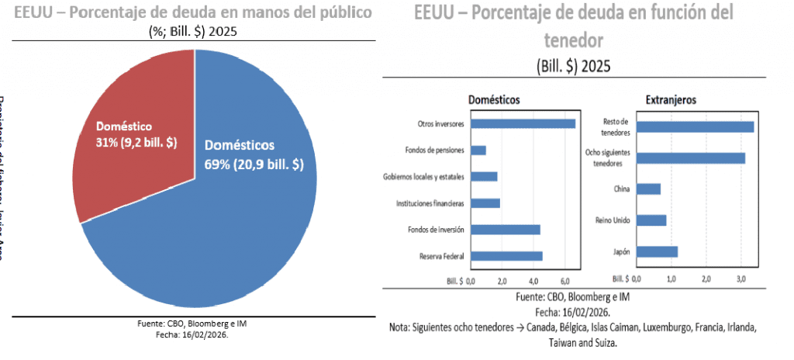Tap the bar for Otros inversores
pos(523,123)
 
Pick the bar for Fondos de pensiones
pos(478,150)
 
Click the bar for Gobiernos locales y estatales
pos(484,176)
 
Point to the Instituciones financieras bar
pos(485,203)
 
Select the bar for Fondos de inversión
pos(505,230)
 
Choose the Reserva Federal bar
pos(506,256)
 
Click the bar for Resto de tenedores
pos(695,126)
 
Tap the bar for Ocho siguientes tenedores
pos(690,158)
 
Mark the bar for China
pos(648,189)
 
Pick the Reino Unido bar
pos(651,220)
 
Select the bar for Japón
pos(657,251)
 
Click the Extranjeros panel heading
pos(670,100)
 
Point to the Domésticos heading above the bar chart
pos(494,100)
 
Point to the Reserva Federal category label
pos(442,256)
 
